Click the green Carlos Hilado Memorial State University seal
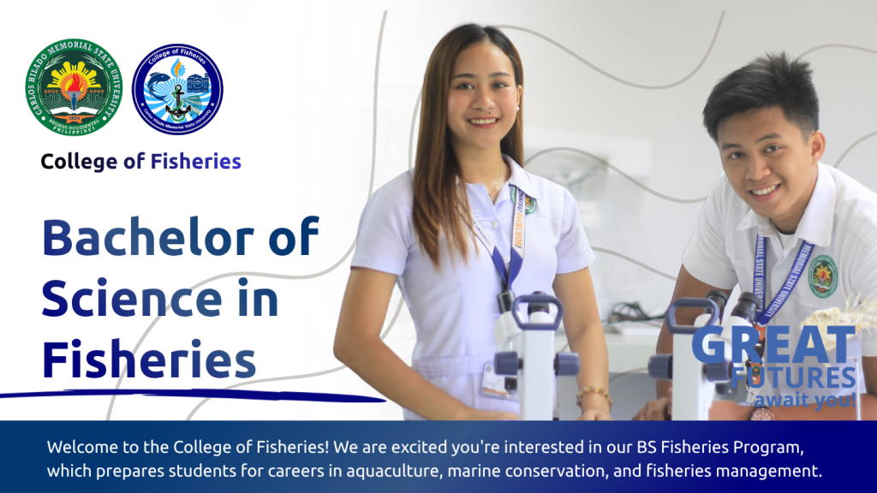[74, 89]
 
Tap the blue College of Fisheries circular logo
[177, 89]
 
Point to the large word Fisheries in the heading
[149, 359]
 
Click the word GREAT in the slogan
[773, 344]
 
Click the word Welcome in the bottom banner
[81, 448]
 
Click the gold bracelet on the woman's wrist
[594, 395]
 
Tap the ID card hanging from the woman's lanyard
[497, 380]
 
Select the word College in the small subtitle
[77, 161]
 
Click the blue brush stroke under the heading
[188, 395]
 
